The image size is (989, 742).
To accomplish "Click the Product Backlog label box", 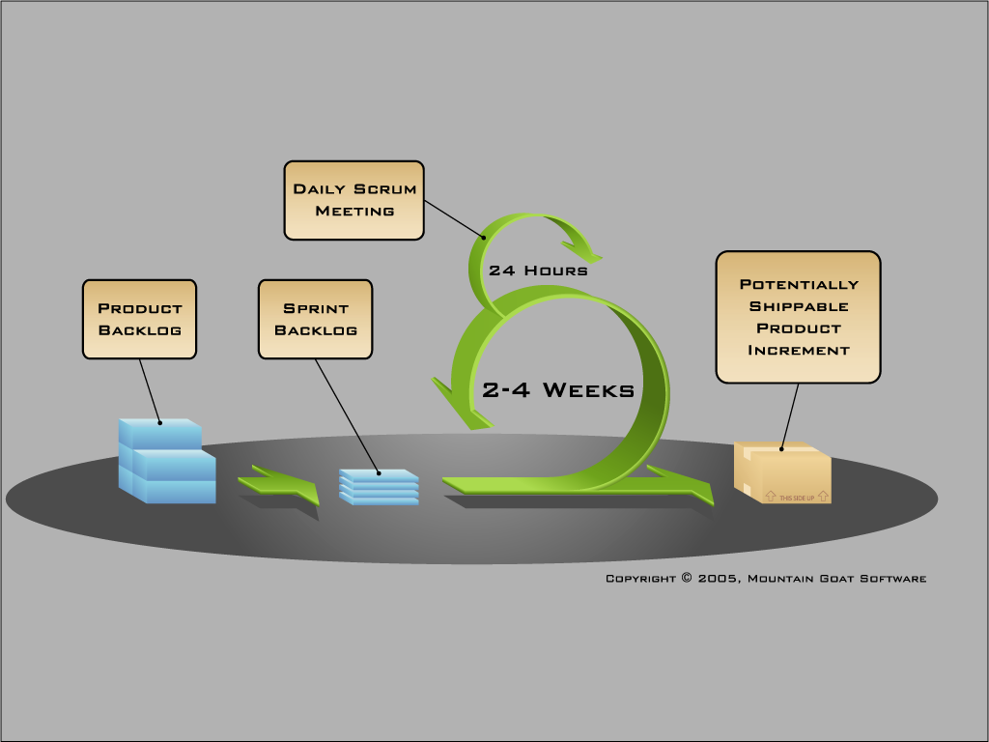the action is (x=139, y=319).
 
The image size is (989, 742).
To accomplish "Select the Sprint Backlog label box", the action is (x=316, y=319).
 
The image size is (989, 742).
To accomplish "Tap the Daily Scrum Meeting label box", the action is (x=353, y=200).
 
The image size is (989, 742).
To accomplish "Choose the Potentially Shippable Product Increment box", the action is (x=798, y=317).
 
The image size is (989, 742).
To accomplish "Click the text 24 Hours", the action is (x=538, y=271).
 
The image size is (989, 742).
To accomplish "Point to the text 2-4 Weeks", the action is (x=558, y=390).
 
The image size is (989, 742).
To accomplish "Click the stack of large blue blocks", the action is (x=167, y=461).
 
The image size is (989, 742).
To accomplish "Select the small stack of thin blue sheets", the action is (x=379, y=487).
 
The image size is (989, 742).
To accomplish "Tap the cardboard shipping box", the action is (x=782, y=472).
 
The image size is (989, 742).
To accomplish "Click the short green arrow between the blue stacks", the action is (x=279, y=485).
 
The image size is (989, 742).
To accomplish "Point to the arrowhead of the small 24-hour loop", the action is (x=582, y=251).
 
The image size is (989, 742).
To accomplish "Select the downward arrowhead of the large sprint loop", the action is (x=461, y=406).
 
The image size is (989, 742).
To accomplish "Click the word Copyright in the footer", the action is (x=641, y=579).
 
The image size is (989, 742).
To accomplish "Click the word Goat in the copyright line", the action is (x=836, y=579).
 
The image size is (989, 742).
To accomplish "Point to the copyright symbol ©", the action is (x=687, y=578).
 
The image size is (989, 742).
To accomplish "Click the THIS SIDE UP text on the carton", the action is (x=797, y=498).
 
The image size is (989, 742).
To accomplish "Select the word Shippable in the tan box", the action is (x=799, y=306).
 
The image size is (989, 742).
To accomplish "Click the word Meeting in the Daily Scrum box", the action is (x=355, y=211).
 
